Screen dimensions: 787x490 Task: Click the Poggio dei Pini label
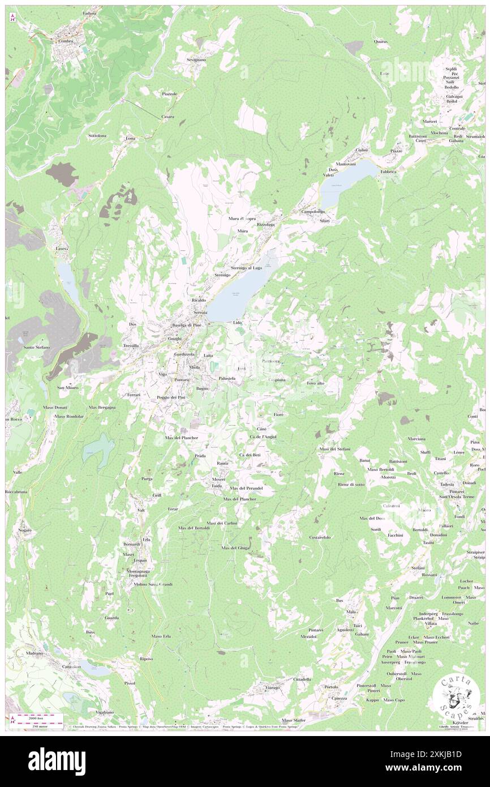pyautogui.click(x=175, y=398)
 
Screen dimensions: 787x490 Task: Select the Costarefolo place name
pyautogui.click(x=320, y=536)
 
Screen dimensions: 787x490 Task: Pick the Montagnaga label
pyautogui.click(x=137, y=570)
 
